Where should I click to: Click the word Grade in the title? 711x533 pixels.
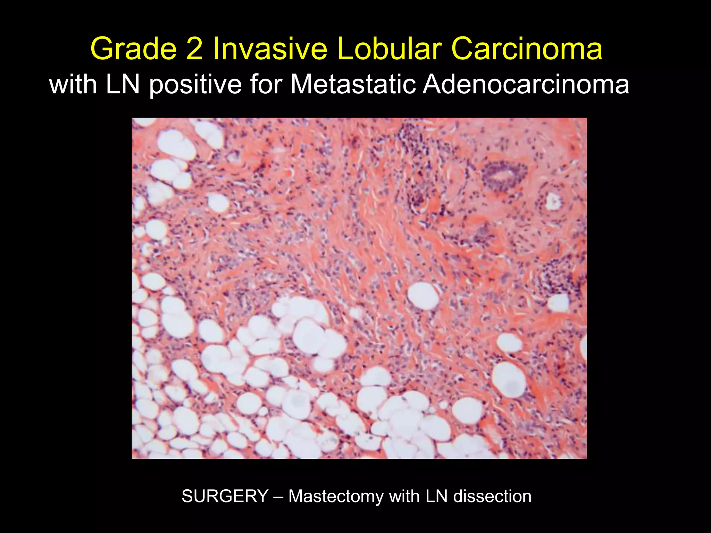[133, 49]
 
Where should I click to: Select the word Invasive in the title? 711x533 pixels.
[270, 49]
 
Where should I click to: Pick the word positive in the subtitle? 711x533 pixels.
[195, 85]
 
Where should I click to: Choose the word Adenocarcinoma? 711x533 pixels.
[526, 84]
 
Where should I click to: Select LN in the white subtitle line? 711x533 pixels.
[123, 84]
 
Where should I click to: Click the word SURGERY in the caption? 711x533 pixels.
[225, 496]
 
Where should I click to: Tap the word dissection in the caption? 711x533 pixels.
[492, 496]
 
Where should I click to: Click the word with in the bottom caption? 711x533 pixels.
[404, 496]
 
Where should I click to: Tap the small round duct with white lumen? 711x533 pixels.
[552, 201]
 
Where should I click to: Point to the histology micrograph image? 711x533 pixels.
[359, 288]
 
